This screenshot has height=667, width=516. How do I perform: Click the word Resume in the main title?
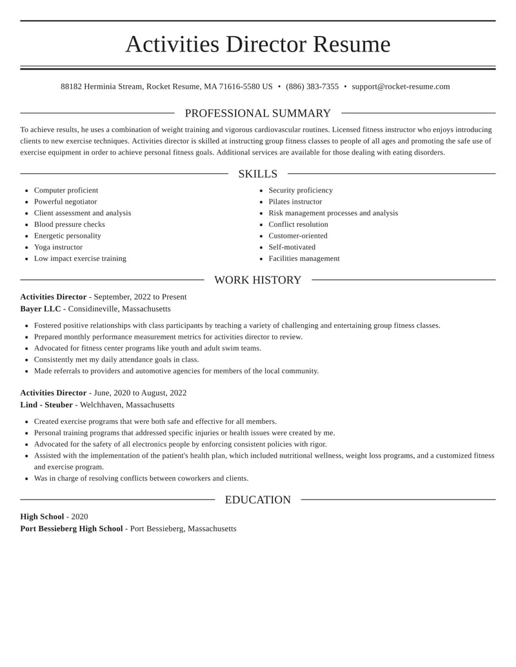[x=352, y=44]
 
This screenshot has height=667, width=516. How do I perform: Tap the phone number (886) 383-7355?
[x=312, y=86]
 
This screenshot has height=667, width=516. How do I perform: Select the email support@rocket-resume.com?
[x=401, y=86]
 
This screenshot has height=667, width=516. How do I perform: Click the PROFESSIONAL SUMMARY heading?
[x=257, y=113]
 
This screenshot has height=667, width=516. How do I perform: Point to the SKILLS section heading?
[x=257, y=174]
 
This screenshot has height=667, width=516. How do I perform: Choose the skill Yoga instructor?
[x=58, y=247]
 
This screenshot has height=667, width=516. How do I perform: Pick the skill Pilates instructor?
[x=295, y=202]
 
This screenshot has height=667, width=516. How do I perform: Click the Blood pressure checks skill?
[x=69, y=224]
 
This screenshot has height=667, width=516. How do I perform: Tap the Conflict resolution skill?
[x=298, y=224]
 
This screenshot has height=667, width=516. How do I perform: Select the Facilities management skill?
[x=304, y=258]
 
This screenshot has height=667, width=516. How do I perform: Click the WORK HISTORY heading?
[x=257, y=280]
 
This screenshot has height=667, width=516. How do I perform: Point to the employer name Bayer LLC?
[x=41, y=309]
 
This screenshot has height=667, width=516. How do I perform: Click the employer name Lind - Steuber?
[x=46, y=405]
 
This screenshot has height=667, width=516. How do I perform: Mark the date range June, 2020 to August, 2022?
[x=140, y=392]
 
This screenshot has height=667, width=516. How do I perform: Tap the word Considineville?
[x=93, y=309]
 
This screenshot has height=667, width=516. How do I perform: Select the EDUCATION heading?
[x=257, y=500]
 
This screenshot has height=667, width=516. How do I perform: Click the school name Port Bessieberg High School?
[x=72, y=528]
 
